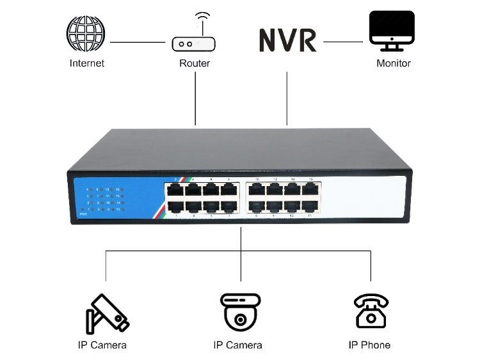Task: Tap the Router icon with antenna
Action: coord(194,40)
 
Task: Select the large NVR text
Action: coord(287,40)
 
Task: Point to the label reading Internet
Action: coord(86,63)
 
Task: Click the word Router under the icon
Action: coord(195,63)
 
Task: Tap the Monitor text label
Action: coord(393,63)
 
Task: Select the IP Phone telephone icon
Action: coord(370,311)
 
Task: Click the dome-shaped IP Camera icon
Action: coord(241,311)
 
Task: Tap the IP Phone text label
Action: coord(369,345)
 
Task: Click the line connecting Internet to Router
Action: coord(138,43)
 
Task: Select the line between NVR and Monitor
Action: coord(343,42)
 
